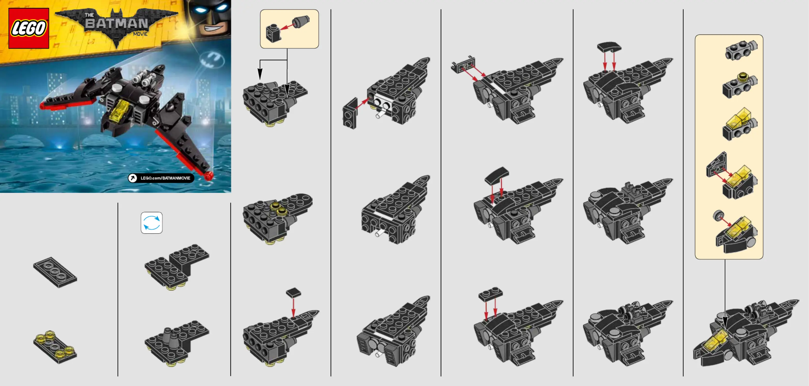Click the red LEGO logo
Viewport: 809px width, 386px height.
click(x=29, y=28)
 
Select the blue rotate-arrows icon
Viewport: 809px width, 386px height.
click(x=152, y=223)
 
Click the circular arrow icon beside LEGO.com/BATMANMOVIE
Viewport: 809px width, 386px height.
click(x=133, y=178)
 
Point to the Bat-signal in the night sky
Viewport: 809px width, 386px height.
click(x=212, y=59)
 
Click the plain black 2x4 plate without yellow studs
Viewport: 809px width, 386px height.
click(x=55, y=272)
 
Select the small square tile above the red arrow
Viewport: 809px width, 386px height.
click(x=293, y=293)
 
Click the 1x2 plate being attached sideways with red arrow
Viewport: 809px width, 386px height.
click(x=350, y=113)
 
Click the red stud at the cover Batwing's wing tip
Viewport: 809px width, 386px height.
click(x=208, y=176)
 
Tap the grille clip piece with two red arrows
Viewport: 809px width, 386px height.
click(x=463, y=65)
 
